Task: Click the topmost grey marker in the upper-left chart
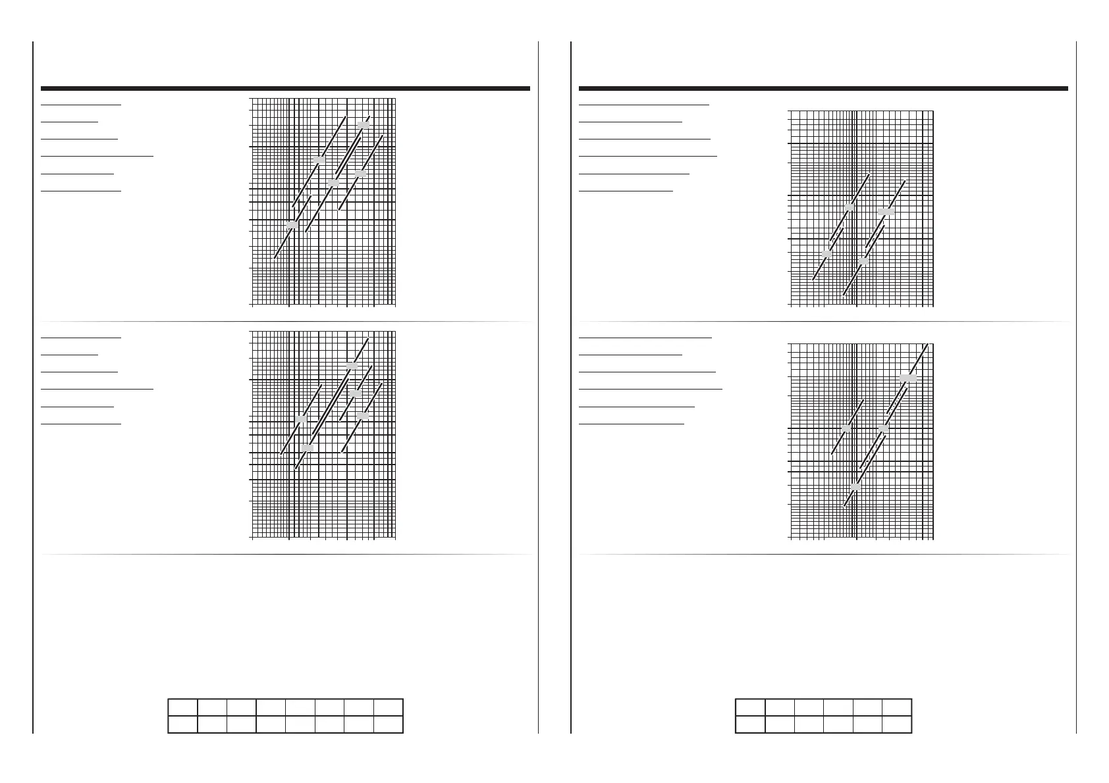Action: click(x=363, y=124)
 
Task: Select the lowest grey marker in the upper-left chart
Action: click(x=292, y=225)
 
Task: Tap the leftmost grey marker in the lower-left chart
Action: click(x=300, y=419)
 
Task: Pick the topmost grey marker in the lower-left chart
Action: click(x=352, y=365)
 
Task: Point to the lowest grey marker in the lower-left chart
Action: click(x=307, y=448)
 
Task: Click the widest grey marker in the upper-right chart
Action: click(x=886, y=212)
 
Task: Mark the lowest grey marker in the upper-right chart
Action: click(x=863, y=261)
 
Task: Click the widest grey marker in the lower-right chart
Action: click(x=908, y=378)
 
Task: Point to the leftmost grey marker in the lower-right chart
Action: click(x=846, y=428)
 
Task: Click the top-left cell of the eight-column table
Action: click(x=182, y=707)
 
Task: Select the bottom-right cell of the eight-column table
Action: click(x=388, y=724)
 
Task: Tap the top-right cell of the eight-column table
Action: click(x=388, y=707)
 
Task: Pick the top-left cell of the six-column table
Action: click(x=750, y=707)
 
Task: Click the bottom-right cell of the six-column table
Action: click(x=897, y=724)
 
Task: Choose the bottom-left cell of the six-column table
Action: click(x=750, y=724)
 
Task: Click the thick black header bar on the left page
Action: click(x=285, y=88)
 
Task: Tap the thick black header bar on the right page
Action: click(x=823, y=88)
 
